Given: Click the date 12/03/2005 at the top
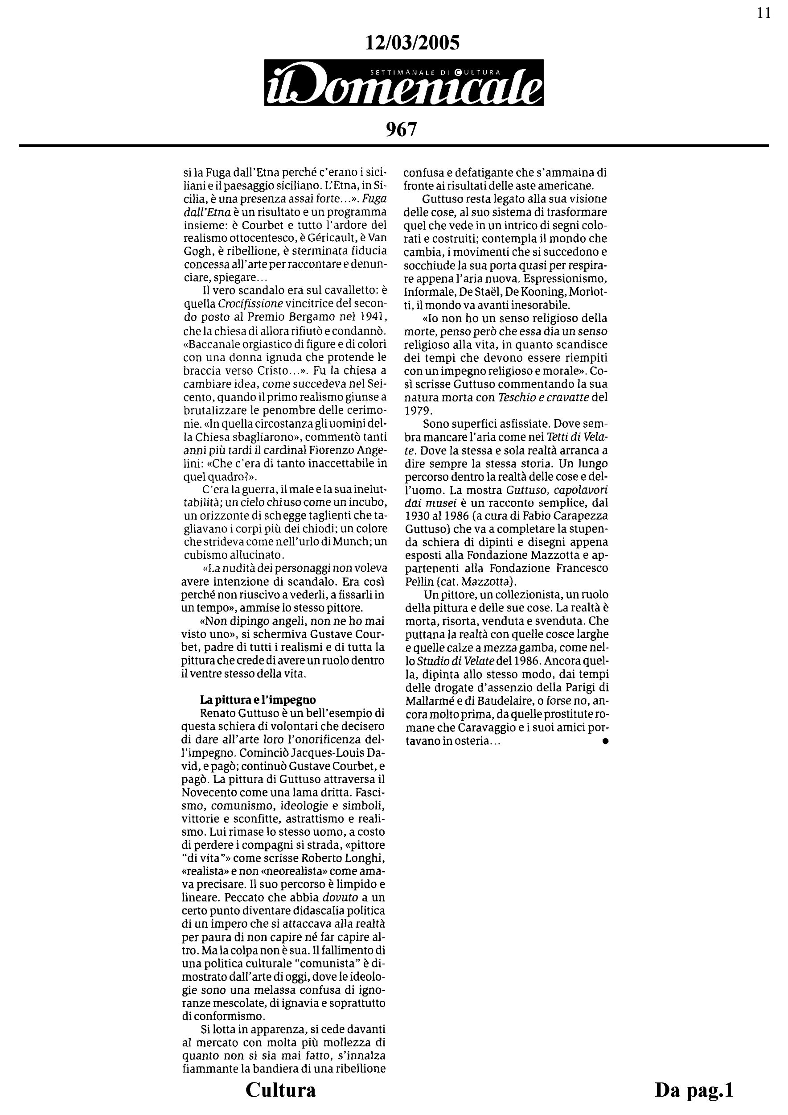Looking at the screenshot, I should tap(412, 44).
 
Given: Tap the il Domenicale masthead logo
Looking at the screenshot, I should tap(404, 83).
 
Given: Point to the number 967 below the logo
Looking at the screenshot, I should tap(401, 129).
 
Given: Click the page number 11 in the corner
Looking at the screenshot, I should tap(764, 13).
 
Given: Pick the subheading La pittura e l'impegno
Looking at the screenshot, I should tap(258, 700).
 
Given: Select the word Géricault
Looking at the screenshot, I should tap(324, 239).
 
